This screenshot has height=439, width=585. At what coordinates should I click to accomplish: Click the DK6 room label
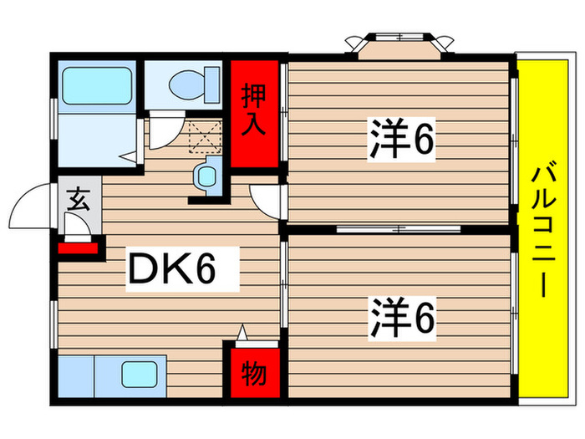[x=172, y=268]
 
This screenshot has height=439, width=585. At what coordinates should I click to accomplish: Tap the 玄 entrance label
[x=79, y=200]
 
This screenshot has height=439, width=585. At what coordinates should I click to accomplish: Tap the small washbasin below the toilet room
[x=205, y=176]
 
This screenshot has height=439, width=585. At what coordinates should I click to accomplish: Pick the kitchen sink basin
[x=139, y=373]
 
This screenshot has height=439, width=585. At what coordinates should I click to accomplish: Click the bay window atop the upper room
[x=398, y=45]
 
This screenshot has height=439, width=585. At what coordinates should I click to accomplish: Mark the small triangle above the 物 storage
[x=243, y=333]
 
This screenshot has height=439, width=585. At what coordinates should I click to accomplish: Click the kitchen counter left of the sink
[x=75, y=373]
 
